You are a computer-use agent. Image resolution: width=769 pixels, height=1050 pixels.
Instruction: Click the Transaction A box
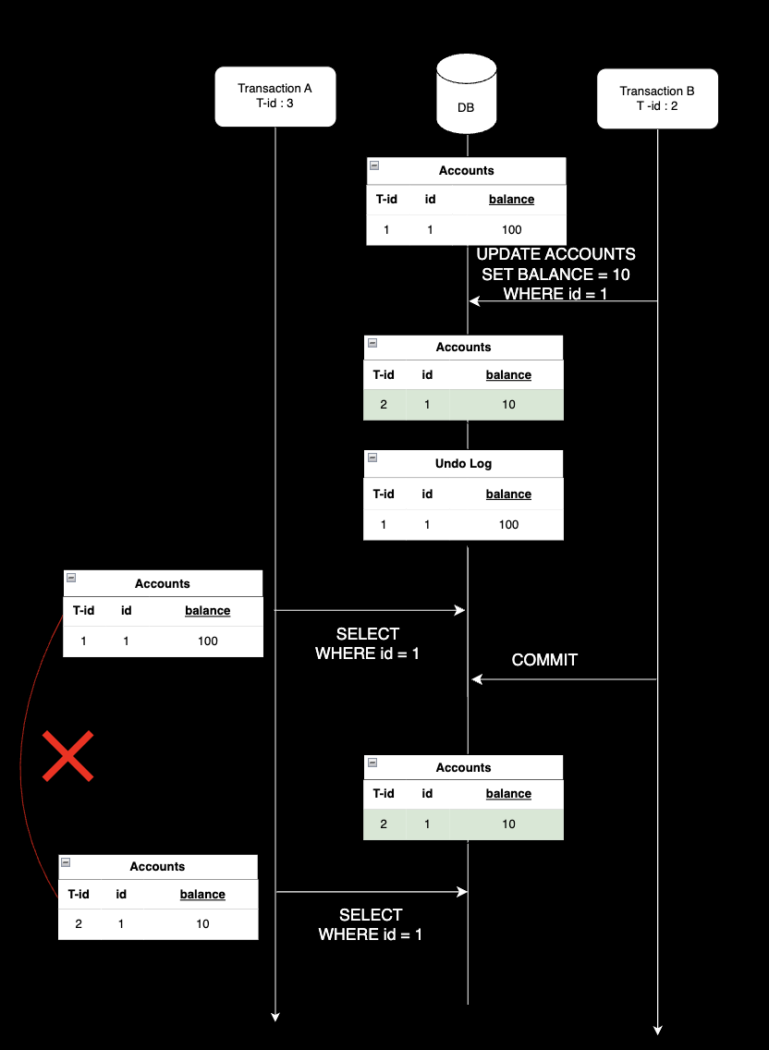[275, 96]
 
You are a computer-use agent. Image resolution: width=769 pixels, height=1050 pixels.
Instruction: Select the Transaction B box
[657, 98]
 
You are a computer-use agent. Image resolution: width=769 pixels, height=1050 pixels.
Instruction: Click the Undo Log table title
[463, 463]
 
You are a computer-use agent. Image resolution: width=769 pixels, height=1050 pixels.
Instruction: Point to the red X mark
[68, 756]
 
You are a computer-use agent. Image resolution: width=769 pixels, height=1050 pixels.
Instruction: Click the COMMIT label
[544, 660]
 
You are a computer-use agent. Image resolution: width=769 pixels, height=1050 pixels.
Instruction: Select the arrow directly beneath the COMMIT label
[564, 680]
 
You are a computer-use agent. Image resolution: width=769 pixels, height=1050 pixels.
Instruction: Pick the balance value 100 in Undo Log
[508, 524]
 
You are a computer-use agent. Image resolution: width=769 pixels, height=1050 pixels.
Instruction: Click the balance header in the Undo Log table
[508, 494]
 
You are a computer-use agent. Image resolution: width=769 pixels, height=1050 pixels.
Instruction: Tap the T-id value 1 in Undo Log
[384, 524]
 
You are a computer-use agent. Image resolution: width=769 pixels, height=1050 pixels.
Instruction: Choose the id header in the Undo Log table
[427, 494]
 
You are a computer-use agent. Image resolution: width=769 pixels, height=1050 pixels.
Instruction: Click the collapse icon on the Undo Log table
[372, 458]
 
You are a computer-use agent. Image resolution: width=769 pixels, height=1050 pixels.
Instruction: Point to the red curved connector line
[22, 758]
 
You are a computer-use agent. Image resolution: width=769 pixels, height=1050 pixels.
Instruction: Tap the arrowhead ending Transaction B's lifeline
[657, 1030]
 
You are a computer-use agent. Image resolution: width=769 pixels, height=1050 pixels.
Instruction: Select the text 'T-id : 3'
[275, 104]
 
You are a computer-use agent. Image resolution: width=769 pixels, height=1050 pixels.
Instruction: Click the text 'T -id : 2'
[657, 105]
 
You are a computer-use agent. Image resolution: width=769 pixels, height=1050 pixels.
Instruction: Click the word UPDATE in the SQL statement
[508, 254]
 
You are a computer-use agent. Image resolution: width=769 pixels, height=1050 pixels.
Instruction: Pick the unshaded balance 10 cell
[202, 924]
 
